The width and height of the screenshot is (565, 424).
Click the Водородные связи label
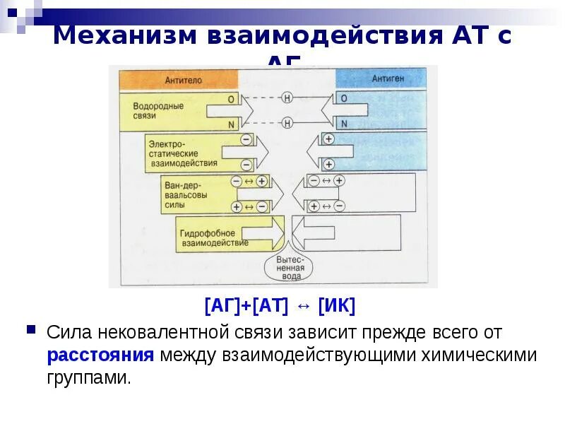coord(158,110)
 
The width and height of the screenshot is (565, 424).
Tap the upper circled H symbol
coord(287,98)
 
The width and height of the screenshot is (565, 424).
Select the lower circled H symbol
coord(287,123)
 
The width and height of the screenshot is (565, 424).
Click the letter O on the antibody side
coord(230,100)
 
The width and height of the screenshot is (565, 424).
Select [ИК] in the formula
coord(336,306)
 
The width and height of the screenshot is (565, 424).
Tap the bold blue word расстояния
coord(101,354)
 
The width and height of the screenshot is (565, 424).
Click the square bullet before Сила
coord(30,330)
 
